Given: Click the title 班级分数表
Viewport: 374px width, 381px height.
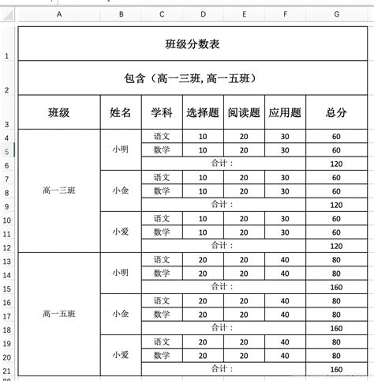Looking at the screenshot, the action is tap(192, 44).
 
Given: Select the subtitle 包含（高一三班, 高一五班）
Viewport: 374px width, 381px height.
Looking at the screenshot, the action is tap(192, 79).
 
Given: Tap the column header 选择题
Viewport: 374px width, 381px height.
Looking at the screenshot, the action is tap(203, 113).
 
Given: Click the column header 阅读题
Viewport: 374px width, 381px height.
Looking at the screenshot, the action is tap(244, 113).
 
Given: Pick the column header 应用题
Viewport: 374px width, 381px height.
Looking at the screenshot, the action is tap(285, 113).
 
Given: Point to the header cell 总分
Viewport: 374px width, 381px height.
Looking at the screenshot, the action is tap(336, 113).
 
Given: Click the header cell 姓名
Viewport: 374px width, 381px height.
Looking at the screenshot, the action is tap(121, 113).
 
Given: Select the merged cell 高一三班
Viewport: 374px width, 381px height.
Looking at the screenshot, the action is tap(59, 190).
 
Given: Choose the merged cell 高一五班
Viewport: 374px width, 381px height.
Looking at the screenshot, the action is tap(59, 314).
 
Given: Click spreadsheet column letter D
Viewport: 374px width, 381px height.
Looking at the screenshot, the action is tap(203, 14).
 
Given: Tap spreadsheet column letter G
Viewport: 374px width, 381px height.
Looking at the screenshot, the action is tap(336, 14).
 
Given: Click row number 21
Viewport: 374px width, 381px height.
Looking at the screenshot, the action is tap(6, 371).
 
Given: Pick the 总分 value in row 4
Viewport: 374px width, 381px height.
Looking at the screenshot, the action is tap(336, 137).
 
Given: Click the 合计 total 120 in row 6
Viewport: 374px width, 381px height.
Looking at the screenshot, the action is tap(336, 164).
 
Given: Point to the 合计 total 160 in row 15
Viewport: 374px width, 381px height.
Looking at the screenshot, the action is tap(336, 287).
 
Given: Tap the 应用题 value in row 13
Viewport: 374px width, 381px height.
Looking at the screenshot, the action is tap(285, 260).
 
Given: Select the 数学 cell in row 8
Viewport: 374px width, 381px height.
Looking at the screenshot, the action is tap(162, 191).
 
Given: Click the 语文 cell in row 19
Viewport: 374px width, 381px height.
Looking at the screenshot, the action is tap(162, 342).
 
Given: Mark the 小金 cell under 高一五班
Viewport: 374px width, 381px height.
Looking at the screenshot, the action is tap(121, 314).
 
